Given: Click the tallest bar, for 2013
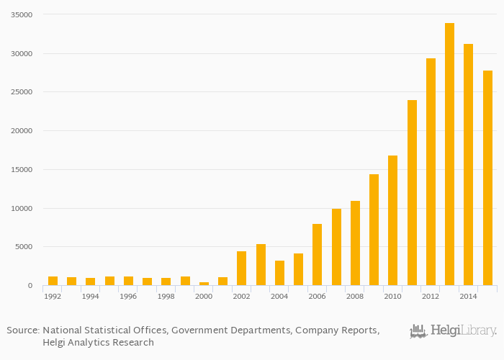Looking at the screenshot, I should [449, 154].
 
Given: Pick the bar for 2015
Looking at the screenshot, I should [487, 177].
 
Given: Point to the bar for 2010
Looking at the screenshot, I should [392, 220].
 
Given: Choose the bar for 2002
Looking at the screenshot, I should [241, 268].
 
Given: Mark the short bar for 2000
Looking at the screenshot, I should [204, 284].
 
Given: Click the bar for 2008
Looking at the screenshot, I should [355, 243].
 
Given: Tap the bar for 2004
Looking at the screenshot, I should [279, 273].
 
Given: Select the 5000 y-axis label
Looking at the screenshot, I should [24, 247].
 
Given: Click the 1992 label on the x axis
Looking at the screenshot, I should [53, 296].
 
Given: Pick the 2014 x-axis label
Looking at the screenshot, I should [468, 296].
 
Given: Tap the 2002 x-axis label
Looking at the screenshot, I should [241, 296].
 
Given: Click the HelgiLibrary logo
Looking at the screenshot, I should [453, 331].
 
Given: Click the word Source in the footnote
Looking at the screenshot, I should [22, 330].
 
